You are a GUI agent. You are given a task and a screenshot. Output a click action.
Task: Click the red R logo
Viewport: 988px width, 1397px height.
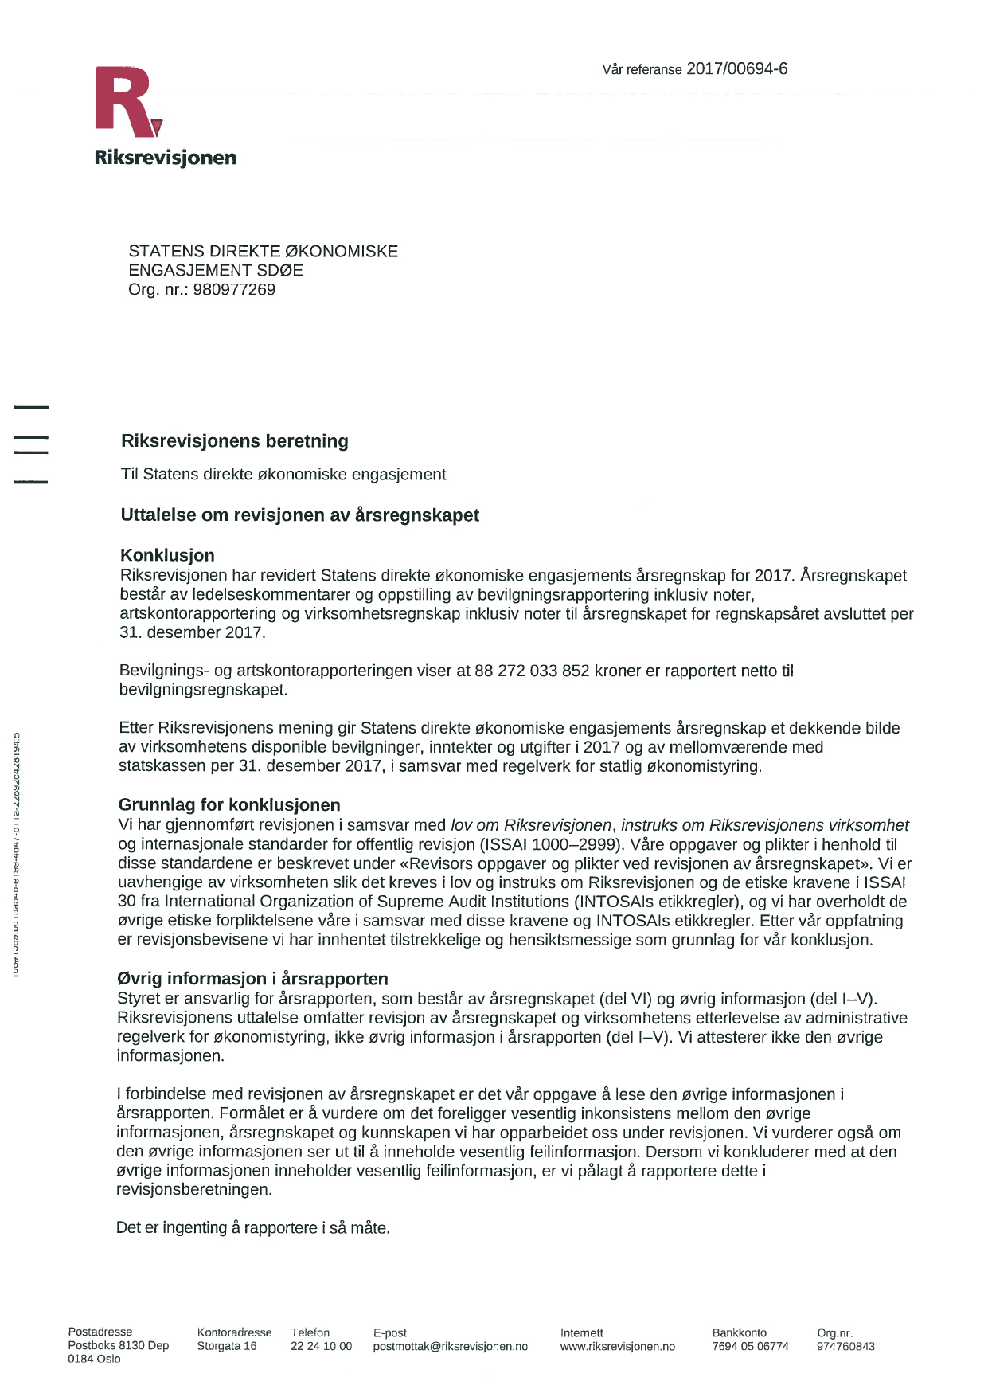pyautogui.click(x=127, y=102)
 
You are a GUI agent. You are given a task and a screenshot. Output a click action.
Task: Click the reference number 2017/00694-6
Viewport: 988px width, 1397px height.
pyautogui.click(x=736, y=69)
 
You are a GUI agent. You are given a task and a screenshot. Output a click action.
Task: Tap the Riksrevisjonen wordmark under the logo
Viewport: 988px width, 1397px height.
pyautogui.click(x=165, y=158)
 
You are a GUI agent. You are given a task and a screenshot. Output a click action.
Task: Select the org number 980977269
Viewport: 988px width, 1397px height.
pyautogui.click(x=234, y=290)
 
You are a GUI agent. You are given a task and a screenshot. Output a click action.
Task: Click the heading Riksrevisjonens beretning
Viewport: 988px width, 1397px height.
pyautogui.click(x=235, y=441)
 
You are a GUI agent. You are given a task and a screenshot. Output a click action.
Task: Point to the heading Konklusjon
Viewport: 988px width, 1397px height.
pyautogui.click(x=167, y=555)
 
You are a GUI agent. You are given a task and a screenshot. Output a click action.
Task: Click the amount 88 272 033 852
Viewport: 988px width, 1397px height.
pyautogui.click(x=532, y=671)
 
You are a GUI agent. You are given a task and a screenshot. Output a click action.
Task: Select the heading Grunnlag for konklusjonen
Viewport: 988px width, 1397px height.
pyautogui.click(x=229, y=804)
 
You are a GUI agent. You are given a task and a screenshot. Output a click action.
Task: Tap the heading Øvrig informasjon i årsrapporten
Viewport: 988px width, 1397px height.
pyautogui.click(x=252, y=979)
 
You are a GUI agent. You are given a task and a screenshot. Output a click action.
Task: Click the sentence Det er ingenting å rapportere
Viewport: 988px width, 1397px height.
pyautogui.click(x=252, y=1227)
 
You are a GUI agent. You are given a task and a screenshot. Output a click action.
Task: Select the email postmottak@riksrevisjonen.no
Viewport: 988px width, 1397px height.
pyautogui.click(x=450, y=1346)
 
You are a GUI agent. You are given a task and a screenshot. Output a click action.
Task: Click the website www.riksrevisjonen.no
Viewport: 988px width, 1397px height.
pyautogui.click(x=617, y=1346)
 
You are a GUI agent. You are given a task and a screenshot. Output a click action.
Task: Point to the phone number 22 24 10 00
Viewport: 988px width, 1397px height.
pyautogui.click(x=321, y=1346)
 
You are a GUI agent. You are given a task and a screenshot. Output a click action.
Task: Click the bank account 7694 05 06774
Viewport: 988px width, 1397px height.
pyautogui.click(x=750, y=1346)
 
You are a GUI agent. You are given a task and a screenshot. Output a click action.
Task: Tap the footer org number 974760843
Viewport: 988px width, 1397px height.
pyautogui.click(x=845, y=1346)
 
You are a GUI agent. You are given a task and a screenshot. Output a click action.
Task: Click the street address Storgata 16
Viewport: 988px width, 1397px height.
pyautogui.click(x=227, y=1346)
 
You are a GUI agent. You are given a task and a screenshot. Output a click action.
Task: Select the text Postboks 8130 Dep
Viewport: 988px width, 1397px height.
pyautogui.click(x=119, y=1345)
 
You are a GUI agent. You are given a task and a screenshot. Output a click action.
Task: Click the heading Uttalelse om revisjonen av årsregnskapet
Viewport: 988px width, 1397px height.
pyautogui.click(x=299, y=515)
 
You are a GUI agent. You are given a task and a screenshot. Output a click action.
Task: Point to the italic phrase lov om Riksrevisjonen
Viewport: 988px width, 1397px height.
pyautogui.click(x=531, y=825)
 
